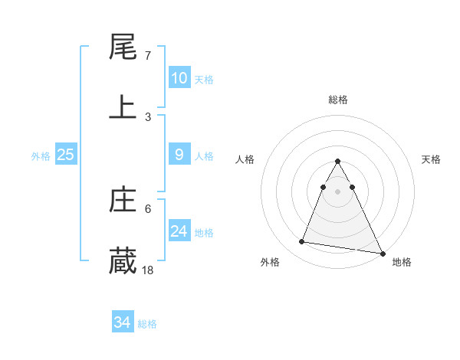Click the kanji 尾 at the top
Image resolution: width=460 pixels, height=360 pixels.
pyautogui.click(x=123, y=47)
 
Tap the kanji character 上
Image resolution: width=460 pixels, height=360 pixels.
pyautogui.click(x=123, y=107)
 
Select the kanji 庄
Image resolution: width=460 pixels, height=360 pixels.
pyautogui.click(x=123, y=201)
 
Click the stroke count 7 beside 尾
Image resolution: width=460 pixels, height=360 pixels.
pyautogui.click(x=147, y=56)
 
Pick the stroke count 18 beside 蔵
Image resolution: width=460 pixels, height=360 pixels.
pyautogui.click(x=148, y=270)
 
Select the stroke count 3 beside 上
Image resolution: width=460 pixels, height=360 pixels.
pyautogui.click(x=147, y=116)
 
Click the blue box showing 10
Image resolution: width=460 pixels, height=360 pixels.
pyautogui.click(x=179, y=78)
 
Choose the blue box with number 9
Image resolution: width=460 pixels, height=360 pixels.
pyautogui.click(x=179, y=155)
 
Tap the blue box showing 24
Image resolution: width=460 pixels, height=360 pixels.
pyautogui.click(x=179, y=231)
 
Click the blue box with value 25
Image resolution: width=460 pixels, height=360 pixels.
pyautogui.click(x=65, y=155)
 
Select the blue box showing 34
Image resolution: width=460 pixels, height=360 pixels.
pyautogui.click(x=122, y=322)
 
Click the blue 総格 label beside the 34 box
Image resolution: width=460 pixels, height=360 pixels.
pyautogui.click(x=147, y=324)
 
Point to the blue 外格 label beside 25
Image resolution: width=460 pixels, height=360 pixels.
pyautogui.click(x=41, y=156)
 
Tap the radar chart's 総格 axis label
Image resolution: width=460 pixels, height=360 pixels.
pyautogui.click(x=337, y=100)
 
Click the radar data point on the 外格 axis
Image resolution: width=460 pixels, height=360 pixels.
pyautogui.click(x=302, y=242)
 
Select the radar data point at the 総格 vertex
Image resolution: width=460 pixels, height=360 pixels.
pyautogui.click(x=337, y=162)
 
